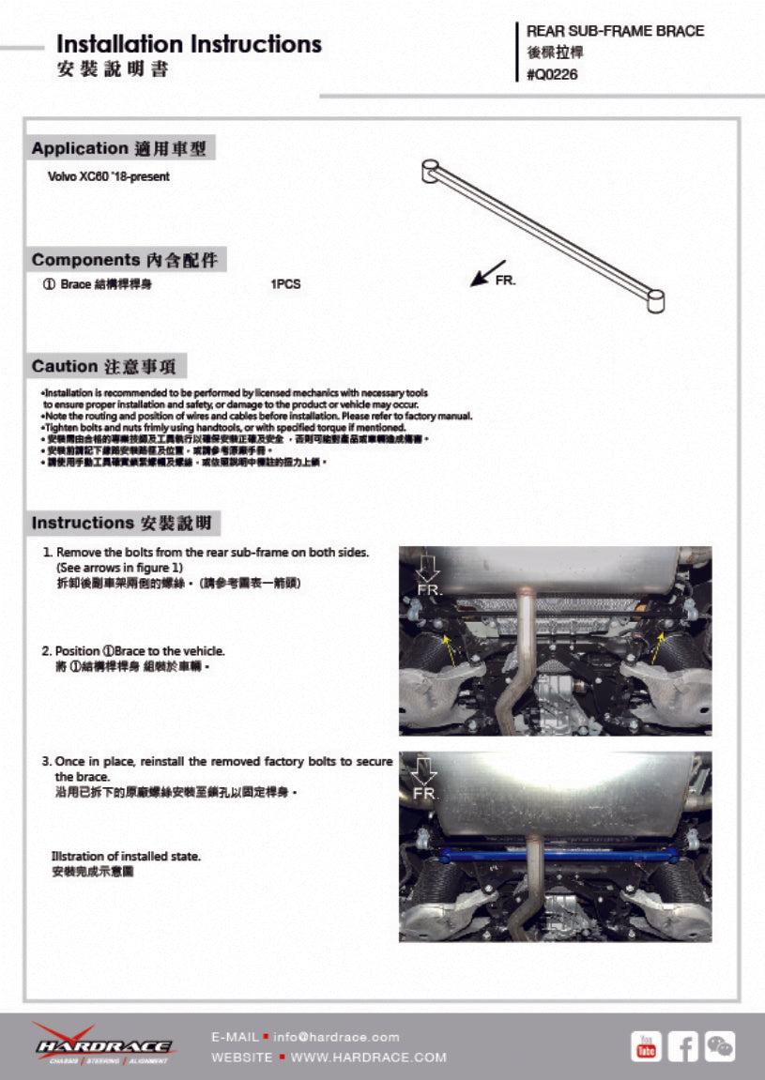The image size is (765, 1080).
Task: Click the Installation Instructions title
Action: point(189,44)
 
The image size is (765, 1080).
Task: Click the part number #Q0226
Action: point(553,75)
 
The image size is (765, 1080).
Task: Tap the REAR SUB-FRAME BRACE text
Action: point(615,31)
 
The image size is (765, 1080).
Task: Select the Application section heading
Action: point(119,148)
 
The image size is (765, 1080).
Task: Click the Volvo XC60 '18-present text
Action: point(108,176)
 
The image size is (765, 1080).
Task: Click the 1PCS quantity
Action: point(285,284)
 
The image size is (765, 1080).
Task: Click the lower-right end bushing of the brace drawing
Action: point(656,299)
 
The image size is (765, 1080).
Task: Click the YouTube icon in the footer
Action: point(646,1045)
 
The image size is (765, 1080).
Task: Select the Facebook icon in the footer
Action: point(683,1045)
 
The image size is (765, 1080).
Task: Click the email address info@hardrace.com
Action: point(336,1037)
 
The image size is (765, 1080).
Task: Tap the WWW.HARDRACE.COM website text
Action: point(369,1057)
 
